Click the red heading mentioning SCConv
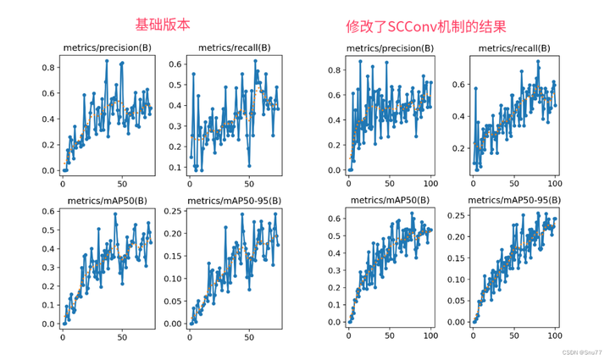tap(426, 26)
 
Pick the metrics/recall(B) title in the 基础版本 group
tap(233, 48)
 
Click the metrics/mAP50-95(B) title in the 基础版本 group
tap(233, 201)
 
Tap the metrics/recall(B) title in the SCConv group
tap(513, 48)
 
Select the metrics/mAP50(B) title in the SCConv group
tap(391, 201)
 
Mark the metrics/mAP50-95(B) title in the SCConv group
tap(513, 201)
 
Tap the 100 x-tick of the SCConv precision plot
tap(430, 182)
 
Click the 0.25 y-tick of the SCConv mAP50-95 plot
tap(457, 214)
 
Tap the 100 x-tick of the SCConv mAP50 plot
tap(430, 335)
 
